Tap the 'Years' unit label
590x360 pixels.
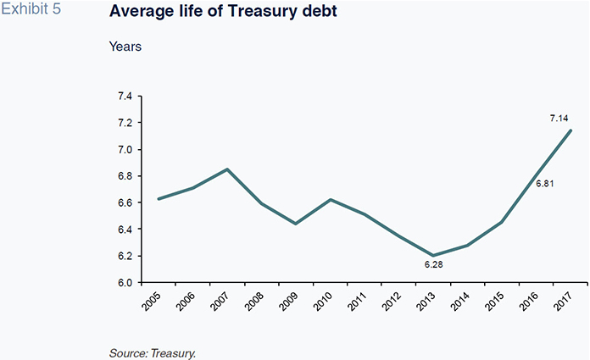125,47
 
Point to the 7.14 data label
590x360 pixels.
559,118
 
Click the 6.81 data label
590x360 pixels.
544,184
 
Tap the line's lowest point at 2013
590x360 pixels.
434,256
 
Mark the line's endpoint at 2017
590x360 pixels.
571,130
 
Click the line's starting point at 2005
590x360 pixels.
159,199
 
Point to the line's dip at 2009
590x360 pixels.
296,224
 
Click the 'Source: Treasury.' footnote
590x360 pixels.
153,352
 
